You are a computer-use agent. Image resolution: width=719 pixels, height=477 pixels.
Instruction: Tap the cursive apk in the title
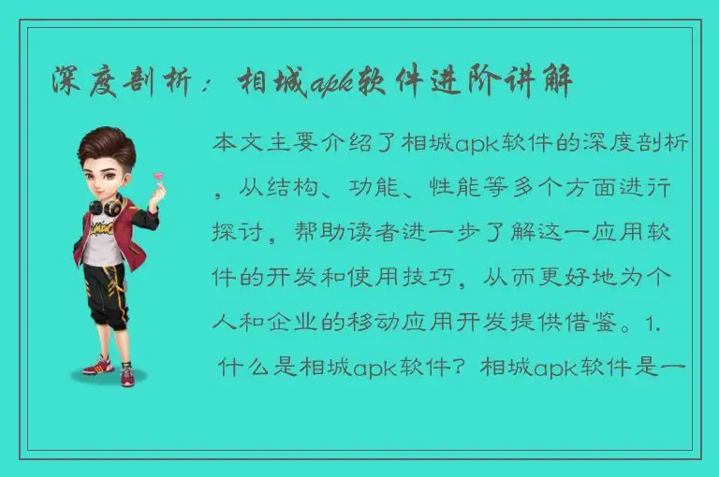tap(328, 82)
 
